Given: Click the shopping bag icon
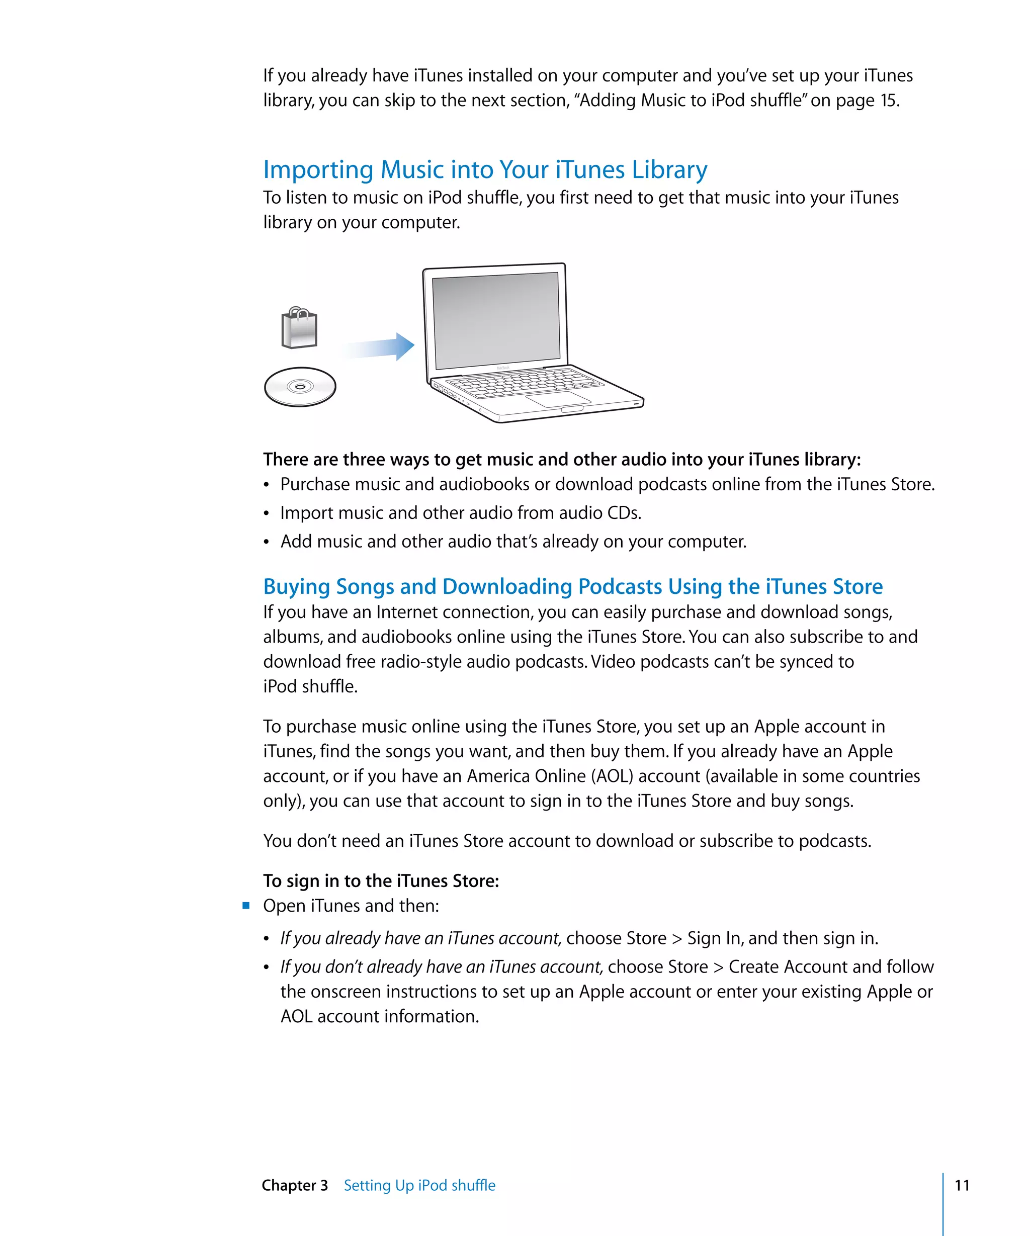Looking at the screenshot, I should pyautogui.click(x=299, y=328).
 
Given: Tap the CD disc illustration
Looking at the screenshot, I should pyautogui.click(x=300, y=387).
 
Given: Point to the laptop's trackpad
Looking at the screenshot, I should pyautogui.click(x=557, y=400).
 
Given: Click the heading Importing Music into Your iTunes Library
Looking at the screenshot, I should pyautogui.click(x=485, y=169).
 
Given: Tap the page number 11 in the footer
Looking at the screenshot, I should pyautogui.click(x=962, y=1185).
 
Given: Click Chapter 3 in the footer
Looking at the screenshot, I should pyautogui.click(x=294, y=1185).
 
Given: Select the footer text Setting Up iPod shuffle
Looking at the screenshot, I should pyautogui.click(x=419, y=1185).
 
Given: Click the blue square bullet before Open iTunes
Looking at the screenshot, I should pyautogui.click(x=246, y=905).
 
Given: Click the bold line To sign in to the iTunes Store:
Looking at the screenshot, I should pyautogui.click(x=381, y=880).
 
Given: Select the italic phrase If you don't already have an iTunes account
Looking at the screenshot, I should pyautogui.click(x=442, y=966).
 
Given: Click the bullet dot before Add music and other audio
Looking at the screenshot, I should pyautogui.click(x=267, y=542).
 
